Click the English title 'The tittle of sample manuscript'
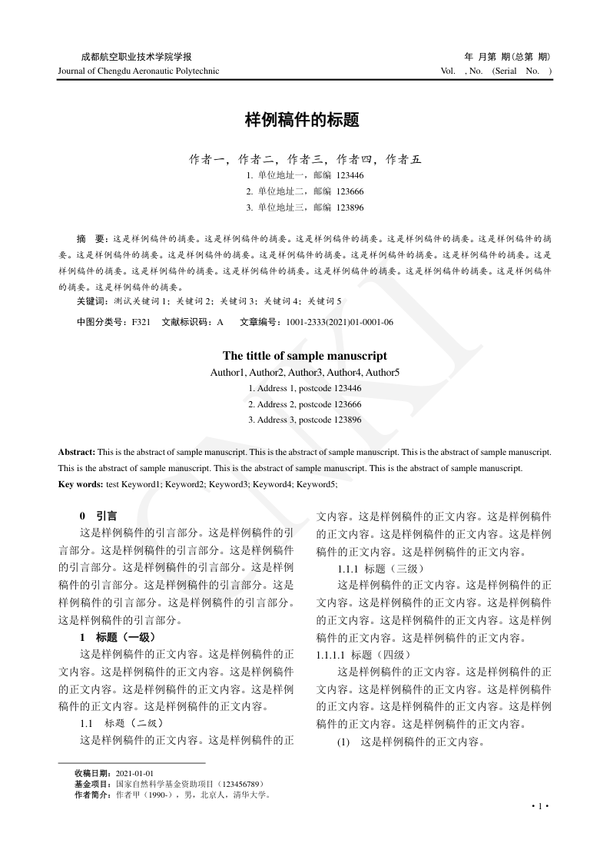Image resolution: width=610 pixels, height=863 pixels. (x=304, y=356)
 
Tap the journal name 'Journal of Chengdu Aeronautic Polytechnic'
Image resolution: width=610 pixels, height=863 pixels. (x=138, y=71)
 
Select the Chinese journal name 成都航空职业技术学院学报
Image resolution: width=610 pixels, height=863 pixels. (x=136, y=57)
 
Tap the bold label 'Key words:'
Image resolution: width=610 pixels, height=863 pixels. (x=81, y=484)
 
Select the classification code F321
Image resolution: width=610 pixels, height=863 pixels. (x=141, y=323)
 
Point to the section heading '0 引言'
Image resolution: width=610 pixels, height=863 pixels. (x=98, y=516)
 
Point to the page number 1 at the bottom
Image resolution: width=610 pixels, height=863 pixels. (x=540, y=805)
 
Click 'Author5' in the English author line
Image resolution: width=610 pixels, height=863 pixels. (x=383, y=373)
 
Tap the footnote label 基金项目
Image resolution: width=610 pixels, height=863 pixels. (x=92, y=784)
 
